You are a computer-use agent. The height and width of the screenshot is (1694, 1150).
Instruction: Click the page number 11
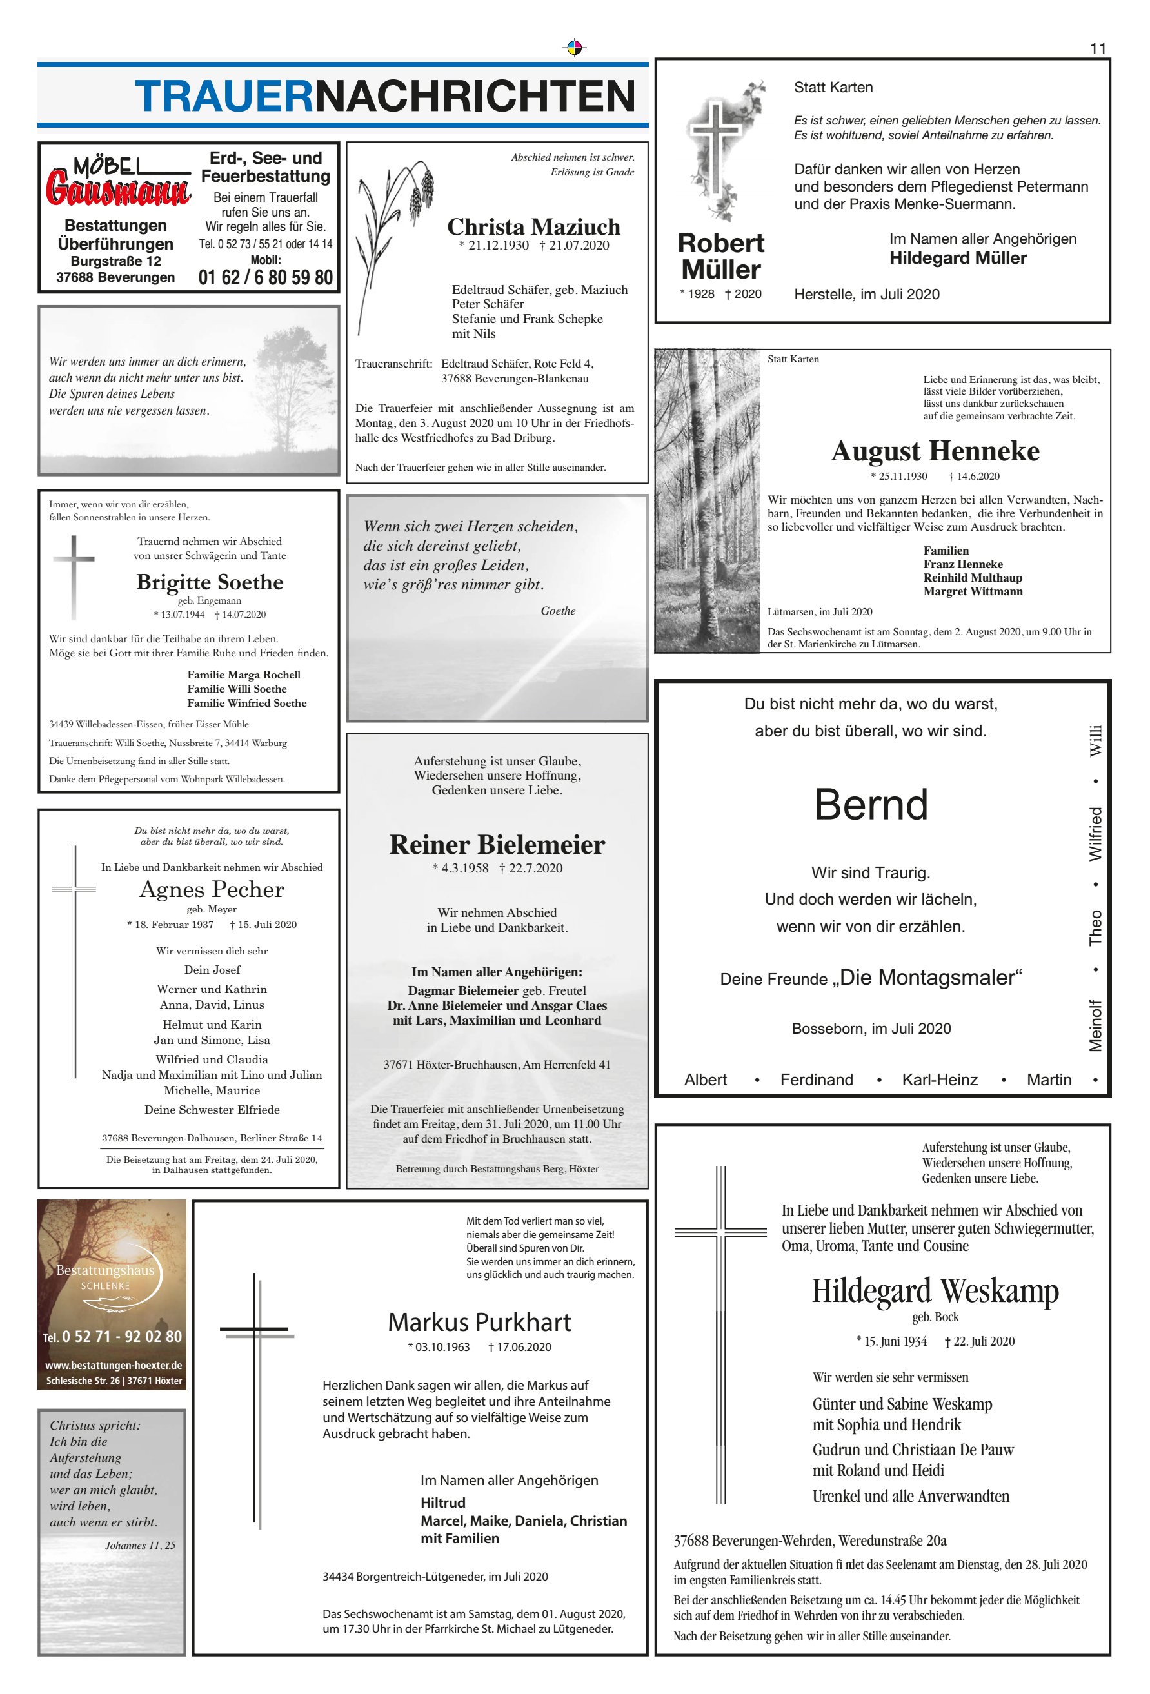tap(1098, 49)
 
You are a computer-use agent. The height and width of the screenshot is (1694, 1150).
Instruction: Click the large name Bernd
tap(871, 805)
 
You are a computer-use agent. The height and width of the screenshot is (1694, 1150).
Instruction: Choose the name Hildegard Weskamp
tap(935, 1291)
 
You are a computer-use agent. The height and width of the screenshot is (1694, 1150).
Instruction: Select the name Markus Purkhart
tap(479, 1323)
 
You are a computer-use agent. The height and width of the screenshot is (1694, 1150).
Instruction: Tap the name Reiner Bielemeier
tap(497, 844)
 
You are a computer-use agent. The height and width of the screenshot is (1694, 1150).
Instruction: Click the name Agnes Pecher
tap(212, 889)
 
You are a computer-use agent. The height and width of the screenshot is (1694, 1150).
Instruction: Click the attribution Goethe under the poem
tap(558, 611)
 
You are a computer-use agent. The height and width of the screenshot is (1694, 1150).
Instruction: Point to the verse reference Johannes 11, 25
tap(140, 1545)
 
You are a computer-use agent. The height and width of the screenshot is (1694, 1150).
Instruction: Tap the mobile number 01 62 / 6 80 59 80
tap(266, 278)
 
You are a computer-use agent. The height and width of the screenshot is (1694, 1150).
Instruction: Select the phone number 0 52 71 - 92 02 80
tap(121, 1337)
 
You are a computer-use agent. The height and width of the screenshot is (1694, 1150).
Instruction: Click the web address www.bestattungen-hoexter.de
tap(113, 1365)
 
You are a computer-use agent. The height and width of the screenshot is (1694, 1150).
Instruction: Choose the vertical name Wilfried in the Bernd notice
tap(1095, 834)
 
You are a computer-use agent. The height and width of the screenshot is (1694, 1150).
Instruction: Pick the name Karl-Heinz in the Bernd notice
tap(939, 1079)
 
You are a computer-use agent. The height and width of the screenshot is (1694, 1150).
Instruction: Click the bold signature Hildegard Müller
tap(958, 258)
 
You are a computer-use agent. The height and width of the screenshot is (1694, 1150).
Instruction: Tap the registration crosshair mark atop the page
tap(575, 48)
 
